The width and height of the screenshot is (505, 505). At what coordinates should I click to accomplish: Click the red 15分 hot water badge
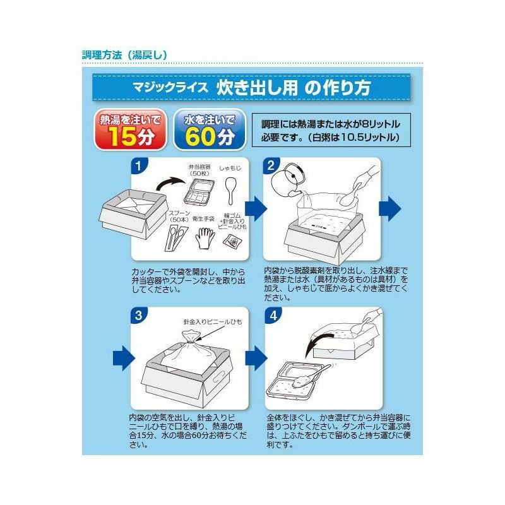pyautogui.click(x=130, y=129)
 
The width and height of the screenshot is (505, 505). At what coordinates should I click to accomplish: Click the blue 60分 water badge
pyautogui.click(x=210, y=129)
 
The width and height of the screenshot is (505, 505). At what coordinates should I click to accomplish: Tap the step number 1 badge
pyautogui.click(x=139, y=165)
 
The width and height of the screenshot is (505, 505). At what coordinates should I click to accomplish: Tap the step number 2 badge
pyautogui.click(x=271, y=165)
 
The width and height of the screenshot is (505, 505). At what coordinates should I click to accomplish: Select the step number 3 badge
pyautogui.click(x=139, y=315)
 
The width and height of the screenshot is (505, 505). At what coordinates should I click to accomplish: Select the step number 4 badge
pyautogui.click(x=273, y=315)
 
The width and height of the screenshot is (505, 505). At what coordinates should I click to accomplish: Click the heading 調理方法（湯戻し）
pyautogui.click(x=124, y=55)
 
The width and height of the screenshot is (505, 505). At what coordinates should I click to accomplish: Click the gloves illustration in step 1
pyautogui.click(x=204, y=238)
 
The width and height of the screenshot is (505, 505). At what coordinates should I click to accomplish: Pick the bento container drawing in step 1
pyautogui.click(x=199, y=191)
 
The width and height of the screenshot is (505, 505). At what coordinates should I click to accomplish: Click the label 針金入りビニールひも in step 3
pyautogui.click(x=213, y=322)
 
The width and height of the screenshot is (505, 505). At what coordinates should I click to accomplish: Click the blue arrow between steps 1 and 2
pyautogui.click(x=256, y=209)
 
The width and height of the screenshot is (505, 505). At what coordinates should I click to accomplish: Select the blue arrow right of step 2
pyautogui.click(x=390, y=209)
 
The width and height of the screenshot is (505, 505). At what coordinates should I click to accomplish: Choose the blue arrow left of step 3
pyautogui.click(x=124, y=358)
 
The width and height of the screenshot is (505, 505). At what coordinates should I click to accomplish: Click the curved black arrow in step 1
pyautogui.click(x=170, y=184)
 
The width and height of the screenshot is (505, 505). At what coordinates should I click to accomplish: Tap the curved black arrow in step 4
pyautogui.click(x=318, y=345)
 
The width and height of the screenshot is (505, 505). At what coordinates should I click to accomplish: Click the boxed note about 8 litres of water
pyautogui.click(x=331, y=130)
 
